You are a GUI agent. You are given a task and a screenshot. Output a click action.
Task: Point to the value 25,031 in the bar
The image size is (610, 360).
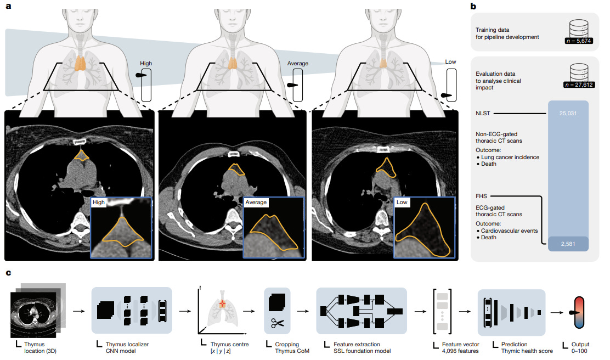(x=568, y=113)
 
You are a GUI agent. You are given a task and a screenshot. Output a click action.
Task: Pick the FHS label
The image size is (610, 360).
(x=481, y=195)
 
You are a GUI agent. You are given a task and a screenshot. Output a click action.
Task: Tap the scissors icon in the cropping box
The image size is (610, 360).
(x=276, y=323)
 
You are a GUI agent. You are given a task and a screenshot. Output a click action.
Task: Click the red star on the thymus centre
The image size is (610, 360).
(x=223, y=303)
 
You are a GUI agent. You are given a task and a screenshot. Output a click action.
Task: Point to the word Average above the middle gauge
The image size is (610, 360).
(x=297, y=64)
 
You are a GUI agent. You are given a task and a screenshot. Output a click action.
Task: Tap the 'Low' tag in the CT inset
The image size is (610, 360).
(x=401, y=203)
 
